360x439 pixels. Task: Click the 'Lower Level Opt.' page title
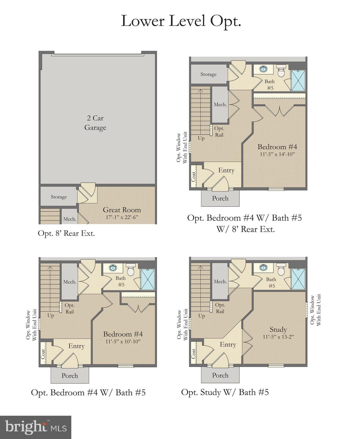tap(181, 21)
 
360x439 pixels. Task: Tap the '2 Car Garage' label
tap(95, 123)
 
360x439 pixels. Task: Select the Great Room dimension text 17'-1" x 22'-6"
tap(122, 217)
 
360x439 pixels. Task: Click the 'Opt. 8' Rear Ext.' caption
tap(66, 234)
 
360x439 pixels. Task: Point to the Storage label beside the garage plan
tap(59, 197)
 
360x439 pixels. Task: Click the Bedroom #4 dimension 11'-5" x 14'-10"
tap(277, 154)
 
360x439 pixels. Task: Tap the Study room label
tap(278, 330)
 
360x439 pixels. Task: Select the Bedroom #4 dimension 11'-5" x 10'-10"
tap(123, 342)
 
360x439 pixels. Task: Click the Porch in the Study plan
tap(220, 375)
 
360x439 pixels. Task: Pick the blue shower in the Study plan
tap(298, 279)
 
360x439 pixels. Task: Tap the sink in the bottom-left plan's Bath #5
tap(113, 268)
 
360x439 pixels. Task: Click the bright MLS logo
tap(35, 427)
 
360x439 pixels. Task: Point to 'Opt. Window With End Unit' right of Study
tap(315, 310)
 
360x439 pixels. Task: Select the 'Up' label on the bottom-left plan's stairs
tap(51, 316)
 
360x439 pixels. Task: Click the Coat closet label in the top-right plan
tap(194, 176)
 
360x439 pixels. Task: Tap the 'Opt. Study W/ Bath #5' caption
tap(225, 392)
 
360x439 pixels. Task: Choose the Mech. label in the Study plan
tap(220, 282)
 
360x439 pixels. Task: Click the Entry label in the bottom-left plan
tap(76, 346)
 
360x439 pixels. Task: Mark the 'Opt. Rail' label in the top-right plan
tap(219, 132)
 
